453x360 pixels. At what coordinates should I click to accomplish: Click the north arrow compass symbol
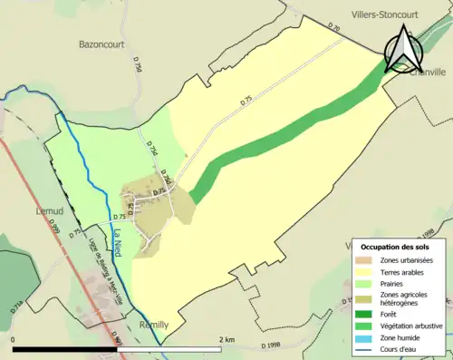coord(400,50)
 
